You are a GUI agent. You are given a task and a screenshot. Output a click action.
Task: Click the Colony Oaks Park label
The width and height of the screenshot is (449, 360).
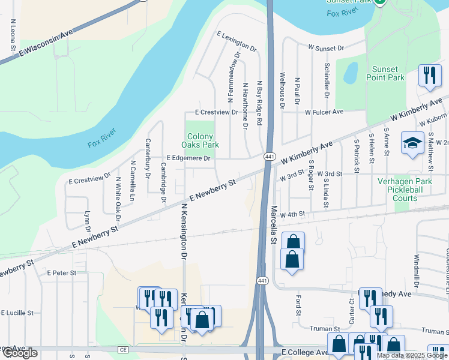coord(200,140)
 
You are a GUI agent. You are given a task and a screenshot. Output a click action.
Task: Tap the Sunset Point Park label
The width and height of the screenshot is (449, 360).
coord(387,73)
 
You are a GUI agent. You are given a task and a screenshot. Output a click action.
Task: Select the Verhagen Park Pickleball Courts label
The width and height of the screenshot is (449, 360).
coord(405,190)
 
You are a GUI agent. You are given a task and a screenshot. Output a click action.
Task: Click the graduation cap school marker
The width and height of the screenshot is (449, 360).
coord(412,143)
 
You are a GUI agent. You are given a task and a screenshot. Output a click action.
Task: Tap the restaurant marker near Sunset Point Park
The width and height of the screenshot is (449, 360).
coord(429,76)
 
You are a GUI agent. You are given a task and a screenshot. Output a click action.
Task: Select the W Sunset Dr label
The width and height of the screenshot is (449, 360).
coord(325,47)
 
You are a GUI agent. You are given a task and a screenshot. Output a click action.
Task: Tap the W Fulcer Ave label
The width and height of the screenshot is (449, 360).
coord(324,112)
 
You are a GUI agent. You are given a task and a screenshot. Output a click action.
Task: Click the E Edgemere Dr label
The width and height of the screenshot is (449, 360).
coord(188,158)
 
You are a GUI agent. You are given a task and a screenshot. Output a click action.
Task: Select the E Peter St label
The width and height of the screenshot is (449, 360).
coord(62,272)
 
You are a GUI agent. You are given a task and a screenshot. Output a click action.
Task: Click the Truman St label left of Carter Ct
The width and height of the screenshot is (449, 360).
coord(325,329)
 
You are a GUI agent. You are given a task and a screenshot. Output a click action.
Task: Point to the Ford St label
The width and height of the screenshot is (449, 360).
coord(298,305)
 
